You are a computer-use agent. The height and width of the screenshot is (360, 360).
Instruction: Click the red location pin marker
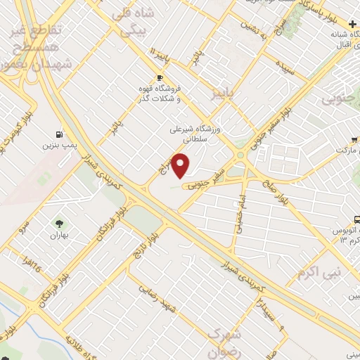(182, 167)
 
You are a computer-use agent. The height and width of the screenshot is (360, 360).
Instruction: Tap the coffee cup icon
(160, 78)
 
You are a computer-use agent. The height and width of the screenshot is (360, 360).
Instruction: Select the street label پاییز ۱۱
(161, 54)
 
